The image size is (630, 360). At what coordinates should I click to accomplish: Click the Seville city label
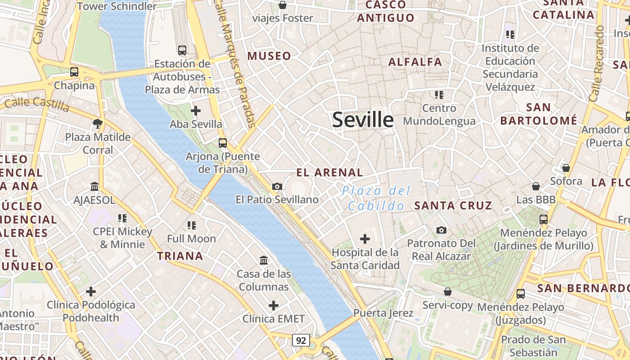click(363, 120)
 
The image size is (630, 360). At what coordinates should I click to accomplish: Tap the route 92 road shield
click(301, 340)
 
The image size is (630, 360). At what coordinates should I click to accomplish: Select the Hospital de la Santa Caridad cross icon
click(365, 239)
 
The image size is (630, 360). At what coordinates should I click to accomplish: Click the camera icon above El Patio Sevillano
click(277, 186)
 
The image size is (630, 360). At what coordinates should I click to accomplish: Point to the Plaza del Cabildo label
click(376, 198)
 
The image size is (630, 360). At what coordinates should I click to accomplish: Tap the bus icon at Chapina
click(74, 72)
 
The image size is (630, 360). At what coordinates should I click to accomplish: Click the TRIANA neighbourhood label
click(180, 256)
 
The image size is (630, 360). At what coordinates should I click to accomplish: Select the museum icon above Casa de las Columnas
click(264, 260)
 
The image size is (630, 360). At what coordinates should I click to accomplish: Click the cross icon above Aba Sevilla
click(196, 110)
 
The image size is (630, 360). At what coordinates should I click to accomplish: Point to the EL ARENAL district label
click(330, 172)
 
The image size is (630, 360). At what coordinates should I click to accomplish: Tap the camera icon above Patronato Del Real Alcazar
click(441, 230)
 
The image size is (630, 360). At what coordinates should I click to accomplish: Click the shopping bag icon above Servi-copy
click(447, 292)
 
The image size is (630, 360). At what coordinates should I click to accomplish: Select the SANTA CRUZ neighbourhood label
click(453, 206)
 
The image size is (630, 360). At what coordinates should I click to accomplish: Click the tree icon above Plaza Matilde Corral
click(98, 123)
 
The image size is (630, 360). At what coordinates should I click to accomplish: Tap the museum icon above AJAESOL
click(94, 186)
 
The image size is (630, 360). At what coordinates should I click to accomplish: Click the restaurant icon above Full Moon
click(192, 225)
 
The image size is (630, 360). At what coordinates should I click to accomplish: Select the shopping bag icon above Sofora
click(566, 168)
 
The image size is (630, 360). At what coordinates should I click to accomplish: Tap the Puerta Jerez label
click(383, 313)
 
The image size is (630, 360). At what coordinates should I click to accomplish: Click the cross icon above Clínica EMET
click(274, 306)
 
